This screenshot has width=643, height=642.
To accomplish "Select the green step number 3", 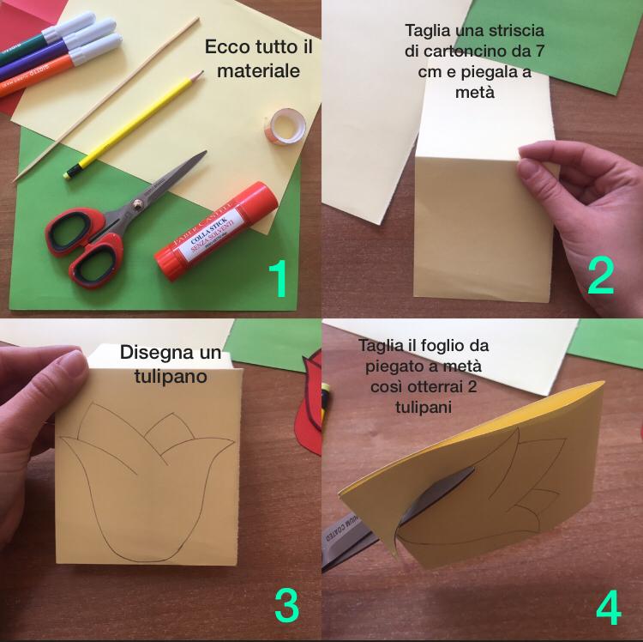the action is [286, 605].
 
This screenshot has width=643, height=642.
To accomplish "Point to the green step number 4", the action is [609, 607].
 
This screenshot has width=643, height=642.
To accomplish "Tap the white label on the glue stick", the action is [209, 233].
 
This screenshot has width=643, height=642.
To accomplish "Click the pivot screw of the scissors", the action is [137, 203].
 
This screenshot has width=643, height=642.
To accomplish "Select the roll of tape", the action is [285, 126].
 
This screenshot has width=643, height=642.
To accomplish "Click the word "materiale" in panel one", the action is [258, 70].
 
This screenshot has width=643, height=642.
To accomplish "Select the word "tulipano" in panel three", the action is [171, 377].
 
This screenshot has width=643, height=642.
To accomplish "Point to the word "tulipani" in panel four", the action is [424, 407].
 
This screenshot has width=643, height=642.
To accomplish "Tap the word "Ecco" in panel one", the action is [227, 46].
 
